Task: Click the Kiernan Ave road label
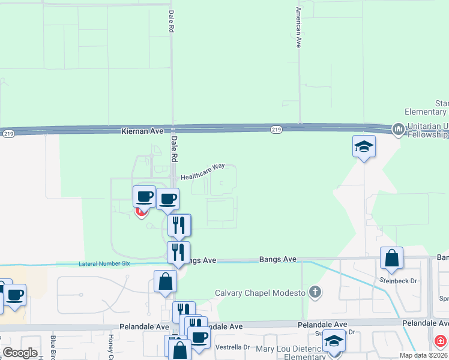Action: point(142,130)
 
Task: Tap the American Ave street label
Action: point(298,28)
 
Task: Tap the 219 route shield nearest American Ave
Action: point(276,129)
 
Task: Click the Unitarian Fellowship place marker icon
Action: point(397,129)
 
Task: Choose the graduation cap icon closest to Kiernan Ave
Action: point(364,146)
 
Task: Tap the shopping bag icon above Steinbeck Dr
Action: point(391,258)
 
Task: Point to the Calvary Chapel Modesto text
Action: point(261,293)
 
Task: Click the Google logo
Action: point(20,353)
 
